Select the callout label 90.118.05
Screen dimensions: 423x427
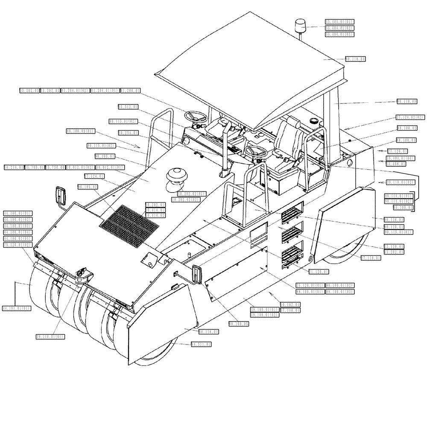tap(407, 101)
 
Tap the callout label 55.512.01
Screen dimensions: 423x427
tap(128, 107)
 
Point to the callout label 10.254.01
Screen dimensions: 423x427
tap(128, 133)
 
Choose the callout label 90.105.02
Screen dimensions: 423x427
tap(88, 187)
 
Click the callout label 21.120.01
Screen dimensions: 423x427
tap(319, 271)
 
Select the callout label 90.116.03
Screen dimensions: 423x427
tap(395, 219)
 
